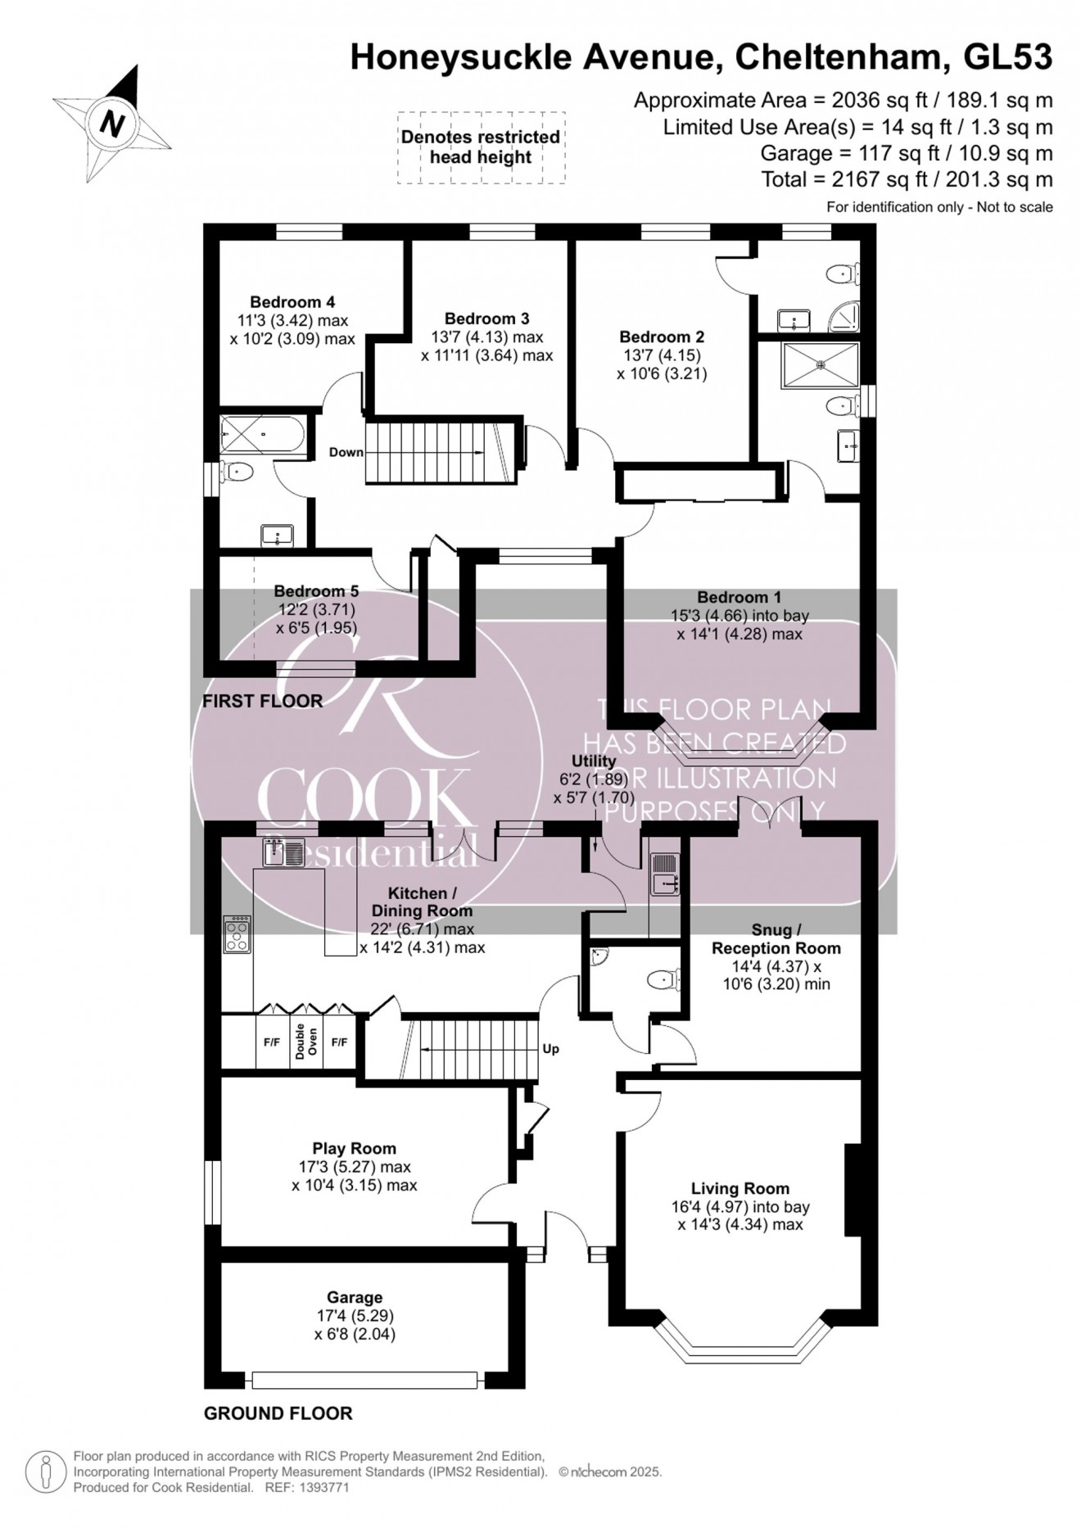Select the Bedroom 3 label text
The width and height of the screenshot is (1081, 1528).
point(486,319)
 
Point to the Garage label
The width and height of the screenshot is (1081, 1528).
point(355,1297)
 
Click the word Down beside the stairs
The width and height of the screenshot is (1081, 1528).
point(346,452)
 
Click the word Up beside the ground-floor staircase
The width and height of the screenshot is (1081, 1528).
point(550,1049)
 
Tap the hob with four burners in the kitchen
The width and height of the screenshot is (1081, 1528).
point(237,934)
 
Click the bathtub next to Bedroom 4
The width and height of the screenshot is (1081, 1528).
point(262,435)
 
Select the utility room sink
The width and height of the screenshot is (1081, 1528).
point(664,874)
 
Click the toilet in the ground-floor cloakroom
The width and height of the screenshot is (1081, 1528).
point(663,979)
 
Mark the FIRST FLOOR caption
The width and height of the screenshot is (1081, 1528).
point(262,701)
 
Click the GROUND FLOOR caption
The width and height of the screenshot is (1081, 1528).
point(278,1413)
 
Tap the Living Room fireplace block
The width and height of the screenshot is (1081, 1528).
point(854,1189)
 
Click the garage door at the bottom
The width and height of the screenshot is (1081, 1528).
point(364,1381)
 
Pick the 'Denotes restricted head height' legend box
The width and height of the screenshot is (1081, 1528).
point(481,147)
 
